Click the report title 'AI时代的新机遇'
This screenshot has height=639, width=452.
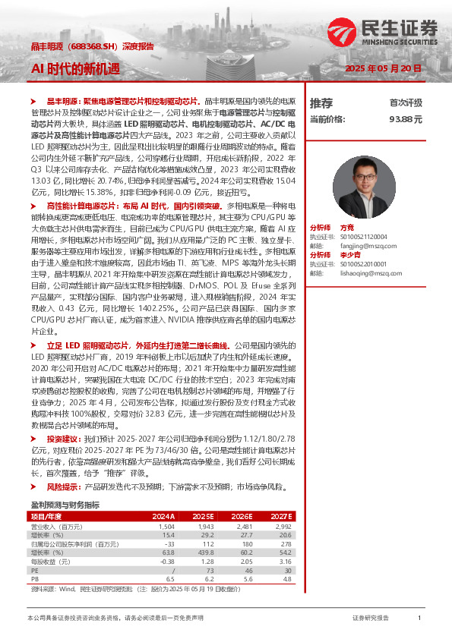75,68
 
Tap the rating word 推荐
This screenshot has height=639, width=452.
321,102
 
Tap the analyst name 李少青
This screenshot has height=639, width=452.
350,254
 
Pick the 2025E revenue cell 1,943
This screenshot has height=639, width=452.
204,526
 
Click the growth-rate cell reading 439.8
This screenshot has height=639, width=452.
204,553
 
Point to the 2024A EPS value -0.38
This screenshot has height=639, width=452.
166,562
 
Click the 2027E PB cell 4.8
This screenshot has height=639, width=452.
286,580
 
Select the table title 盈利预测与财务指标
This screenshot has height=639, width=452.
65,505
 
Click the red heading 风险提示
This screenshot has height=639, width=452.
64,485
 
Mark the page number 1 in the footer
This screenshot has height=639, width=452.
419,619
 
